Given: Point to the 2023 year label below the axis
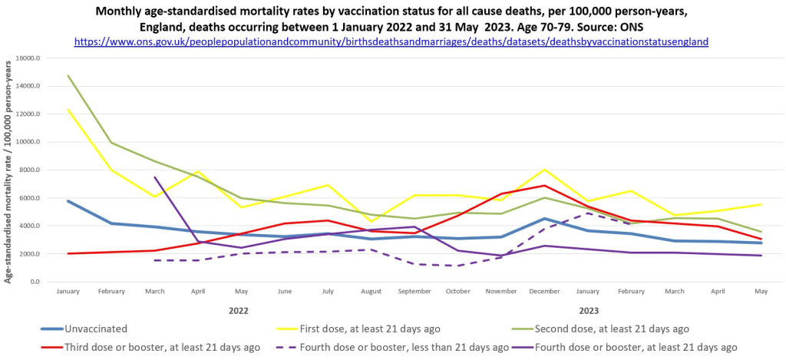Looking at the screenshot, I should (589, 310).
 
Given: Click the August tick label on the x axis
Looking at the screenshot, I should (372, 292).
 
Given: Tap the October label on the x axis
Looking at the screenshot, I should (458, 292).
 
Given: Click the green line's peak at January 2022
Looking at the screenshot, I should (69, 76).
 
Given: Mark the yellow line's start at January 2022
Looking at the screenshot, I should (69, 110).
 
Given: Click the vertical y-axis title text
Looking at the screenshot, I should (9, 170).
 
